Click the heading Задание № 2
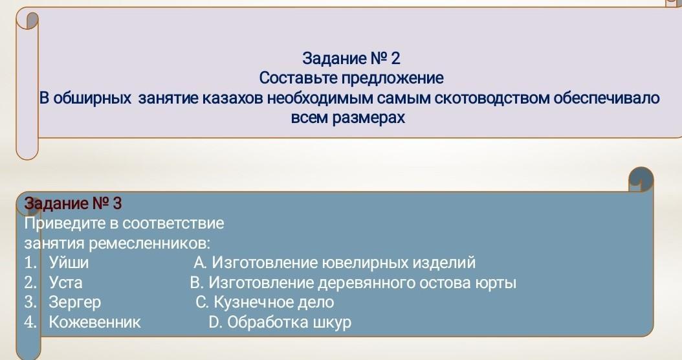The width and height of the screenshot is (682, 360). click(351, 58)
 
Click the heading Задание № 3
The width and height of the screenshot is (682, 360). click(73, 203)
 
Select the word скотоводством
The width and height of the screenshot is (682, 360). click(492, 98)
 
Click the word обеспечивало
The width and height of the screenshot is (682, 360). click(607, 98)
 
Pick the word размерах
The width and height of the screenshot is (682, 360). click(368, 118)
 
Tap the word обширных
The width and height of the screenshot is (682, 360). click(92, 98)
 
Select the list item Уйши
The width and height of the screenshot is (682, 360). click(69, 262)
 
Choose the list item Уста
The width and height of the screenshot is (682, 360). click(65, 282)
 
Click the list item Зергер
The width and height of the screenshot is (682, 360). click(75, 302)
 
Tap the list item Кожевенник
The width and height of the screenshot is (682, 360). click(95, 322)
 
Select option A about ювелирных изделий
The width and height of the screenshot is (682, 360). click(335, 262)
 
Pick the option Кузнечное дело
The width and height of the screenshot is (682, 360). click(265, 302)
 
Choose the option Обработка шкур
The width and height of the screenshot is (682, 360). click(280, 322)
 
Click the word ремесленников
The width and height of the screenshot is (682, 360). click(149, 243)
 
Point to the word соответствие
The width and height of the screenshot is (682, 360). click(173, 223)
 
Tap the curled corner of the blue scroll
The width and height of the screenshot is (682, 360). click(641, 179)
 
